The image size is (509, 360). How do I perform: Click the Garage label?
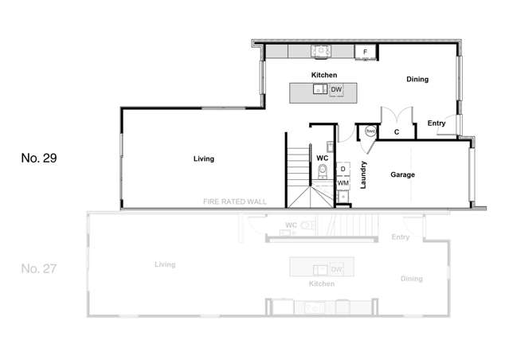click(402, 174)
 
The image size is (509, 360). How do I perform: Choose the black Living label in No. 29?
click(204, 159)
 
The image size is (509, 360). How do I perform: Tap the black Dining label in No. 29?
click(417, 80)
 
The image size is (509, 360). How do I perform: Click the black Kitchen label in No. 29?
click(324, 75)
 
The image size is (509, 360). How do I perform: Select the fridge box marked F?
click(365, 52)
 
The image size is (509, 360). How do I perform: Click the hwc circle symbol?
click(370, 131)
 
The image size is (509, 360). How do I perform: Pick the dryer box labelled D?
click(343, 169)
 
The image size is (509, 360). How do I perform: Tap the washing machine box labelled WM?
click(343, 183)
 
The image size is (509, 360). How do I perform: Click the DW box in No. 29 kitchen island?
click(336, 90)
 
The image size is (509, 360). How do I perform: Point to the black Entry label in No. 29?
click(436, 123)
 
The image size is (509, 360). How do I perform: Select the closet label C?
click(396, 131)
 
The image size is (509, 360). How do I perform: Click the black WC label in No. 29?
click(323, 158)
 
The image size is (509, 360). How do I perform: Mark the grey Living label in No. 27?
click(165, 264)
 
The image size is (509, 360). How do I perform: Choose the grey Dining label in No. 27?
click(412, 278)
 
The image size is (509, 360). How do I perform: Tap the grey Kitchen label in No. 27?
click(320, 284)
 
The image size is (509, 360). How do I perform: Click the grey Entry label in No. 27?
click(400, 237)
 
